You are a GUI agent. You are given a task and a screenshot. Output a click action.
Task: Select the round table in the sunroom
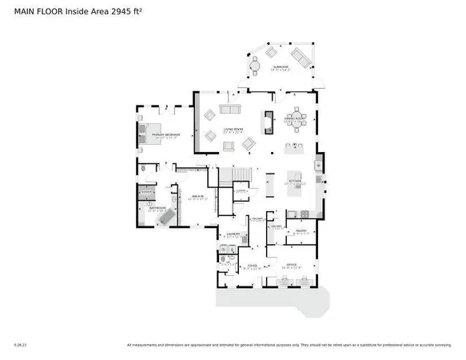point(257,63)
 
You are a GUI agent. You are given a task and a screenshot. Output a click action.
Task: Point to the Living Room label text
point(233,130)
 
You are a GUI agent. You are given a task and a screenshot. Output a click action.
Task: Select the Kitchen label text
point(296,181)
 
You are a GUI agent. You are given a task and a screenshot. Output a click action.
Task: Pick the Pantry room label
point(301,232)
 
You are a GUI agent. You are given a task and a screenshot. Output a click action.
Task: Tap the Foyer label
point(252,266)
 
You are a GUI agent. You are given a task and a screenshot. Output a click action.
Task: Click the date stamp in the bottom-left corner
point(20,346)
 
